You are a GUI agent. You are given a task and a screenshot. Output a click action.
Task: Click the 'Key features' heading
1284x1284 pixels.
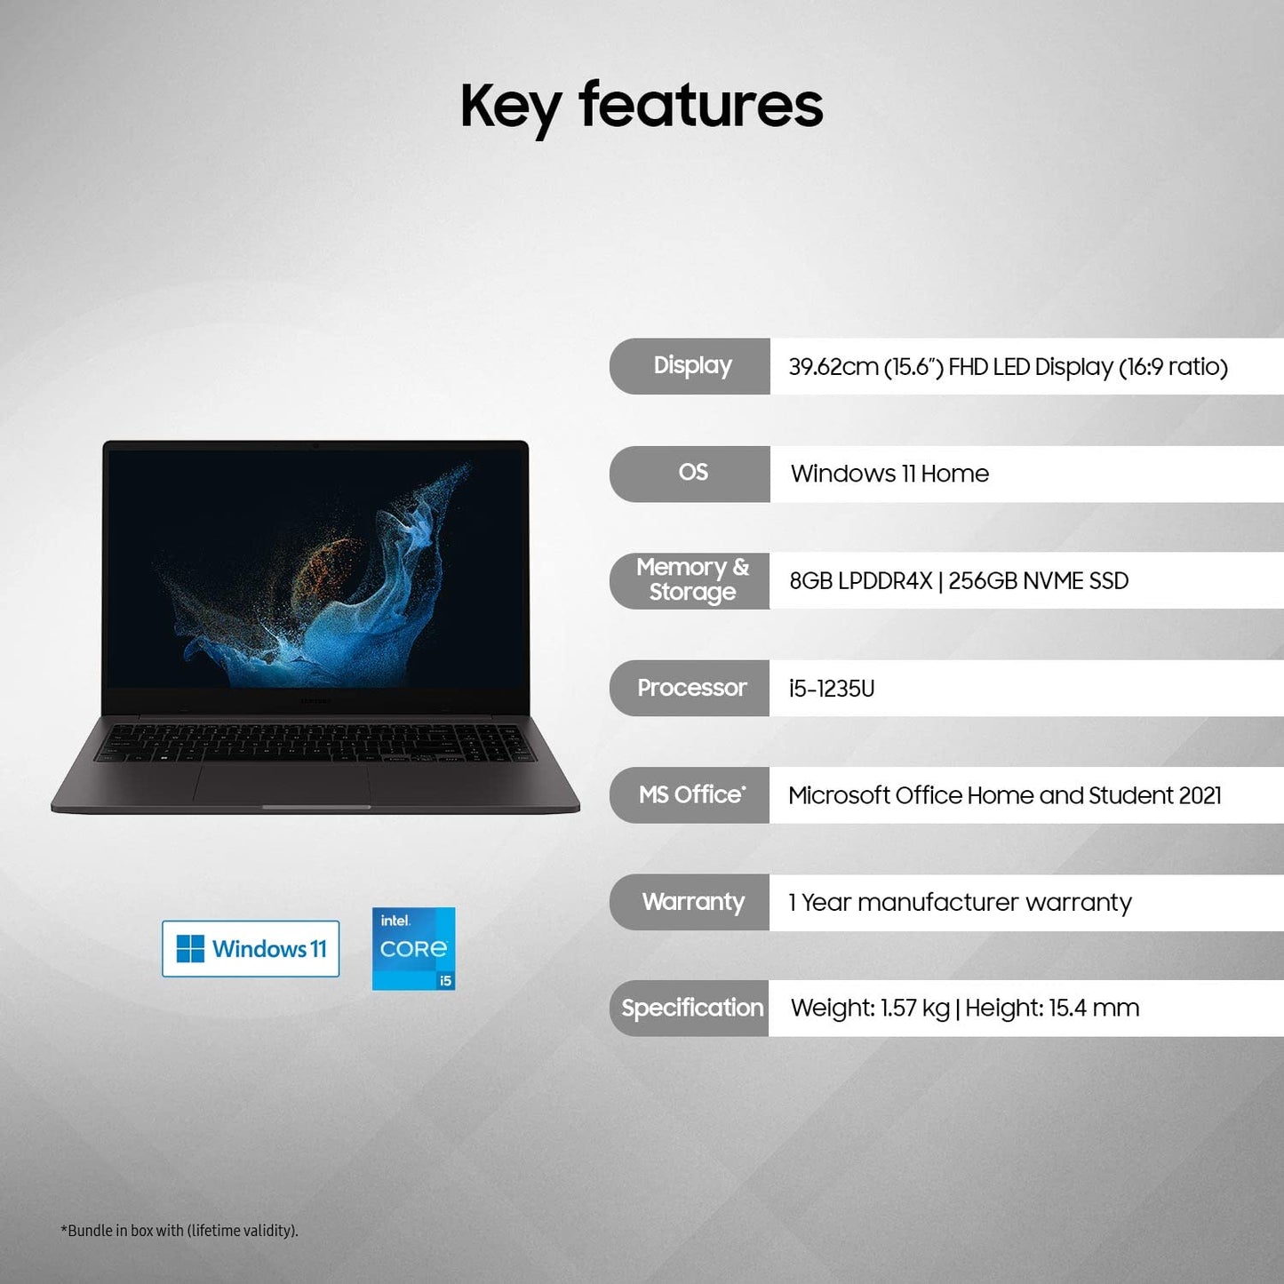[x=642, y=106]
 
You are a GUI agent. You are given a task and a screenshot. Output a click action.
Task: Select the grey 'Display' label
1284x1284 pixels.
[x=691, y=366]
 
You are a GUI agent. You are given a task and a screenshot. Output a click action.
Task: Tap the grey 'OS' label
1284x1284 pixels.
[x=692, y=473]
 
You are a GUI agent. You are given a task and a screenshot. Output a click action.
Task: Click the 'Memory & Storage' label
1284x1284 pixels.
[x=691, y=580]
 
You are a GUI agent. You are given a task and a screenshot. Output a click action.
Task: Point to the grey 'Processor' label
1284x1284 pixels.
[x=691, y=688]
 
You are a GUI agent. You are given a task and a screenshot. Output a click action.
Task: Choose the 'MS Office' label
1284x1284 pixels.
[x=691, y=794]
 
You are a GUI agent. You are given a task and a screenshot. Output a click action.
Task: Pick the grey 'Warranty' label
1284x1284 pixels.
[x=692, y=902]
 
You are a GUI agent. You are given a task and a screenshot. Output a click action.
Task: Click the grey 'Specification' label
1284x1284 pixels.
[x=691, y=1009]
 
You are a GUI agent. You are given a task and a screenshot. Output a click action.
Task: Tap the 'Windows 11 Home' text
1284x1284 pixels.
[x=889, y=474]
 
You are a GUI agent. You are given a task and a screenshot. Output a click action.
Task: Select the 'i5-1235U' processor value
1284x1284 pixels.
[x=832, y=689]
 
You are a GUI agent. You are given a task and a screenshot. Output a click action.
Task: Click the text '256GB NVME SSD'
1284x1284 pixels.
[x=1038, y=581]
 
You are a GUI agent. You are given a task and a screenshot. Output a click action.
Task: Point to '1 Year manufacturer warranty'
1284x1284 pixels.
[x=960, y=903]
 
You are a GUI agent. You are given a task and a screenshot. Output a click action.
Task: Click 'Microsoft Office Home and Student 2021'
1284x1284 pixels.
[x=1004, y=795]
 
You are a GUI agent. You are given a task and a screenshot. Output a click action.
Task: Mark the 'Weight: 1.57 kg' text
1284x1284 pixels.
[x=870, y=1009]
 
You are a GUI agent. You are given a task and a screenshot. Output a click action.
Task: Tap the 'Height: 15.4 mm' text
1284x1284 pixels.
[x=1052, y=1009]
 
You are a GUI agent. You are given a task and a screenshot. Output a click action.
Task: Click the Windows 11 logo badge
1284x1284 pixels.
[x=251, y=949]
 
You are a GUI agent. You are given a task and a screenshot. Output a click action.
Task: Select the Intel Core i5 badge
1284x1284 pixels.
[x=413, y=948]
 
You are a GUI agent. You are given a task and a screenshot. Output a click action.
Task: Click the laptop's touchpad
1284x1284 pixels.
[x=282, y=784]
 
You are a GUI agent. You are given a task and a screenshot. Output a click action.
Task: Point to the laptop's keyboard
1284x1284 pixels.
[x=315, y=742]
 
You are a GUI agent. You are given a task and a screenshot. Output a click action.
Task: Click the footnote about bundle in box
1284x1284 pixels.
[x=179, y=1231]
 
